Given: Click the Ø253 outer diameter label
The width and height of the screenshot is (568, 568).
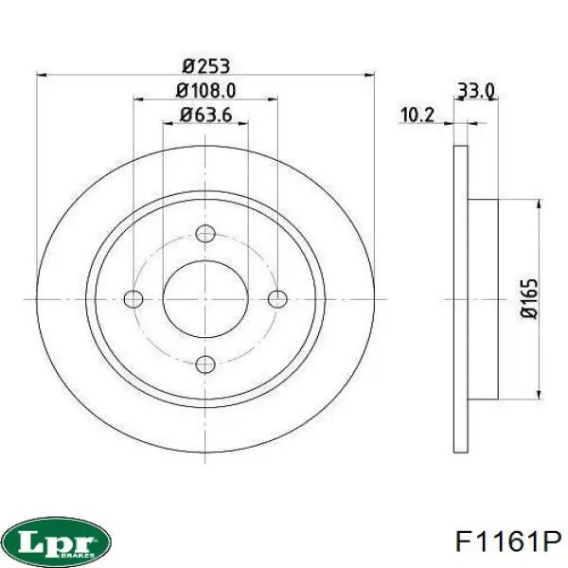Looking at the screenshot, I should tap(205, 65).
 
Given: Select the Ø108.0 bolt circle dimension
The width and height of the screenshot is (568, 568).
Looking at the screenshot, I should tap(205, 91).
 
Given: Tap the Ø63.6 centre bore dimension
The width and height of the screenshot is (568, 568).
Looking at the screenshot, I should tap(205, 116).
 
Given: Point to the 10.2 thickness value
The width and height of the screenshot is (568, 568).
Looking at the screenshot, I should tap(417, 115).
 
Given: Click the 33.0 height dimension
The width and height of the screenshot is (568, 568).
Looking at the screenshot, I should tap(476, 91).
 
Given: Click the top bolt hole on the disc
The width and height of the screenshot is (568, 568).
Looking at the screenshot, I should tap(205, 234).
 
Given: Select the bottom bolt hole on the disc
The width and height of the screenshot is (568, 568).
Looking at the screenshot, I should tap(205, 364).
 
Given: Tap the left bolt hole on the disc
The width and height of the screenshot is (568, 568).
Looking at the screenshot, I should tap(134, 299).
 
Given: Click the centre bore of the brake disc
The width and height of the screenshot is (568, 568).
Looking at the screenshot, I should tap(205, 299).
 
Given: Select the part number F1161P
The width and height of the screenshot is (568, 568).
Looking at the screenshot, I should tap(508, 542).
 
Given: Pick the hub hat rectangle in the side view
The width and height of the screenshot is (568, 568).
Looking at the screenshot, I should tap(483, 299).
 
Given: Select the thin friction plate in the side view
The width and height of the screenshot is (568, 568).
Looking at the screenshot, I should tap(461, 299).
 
